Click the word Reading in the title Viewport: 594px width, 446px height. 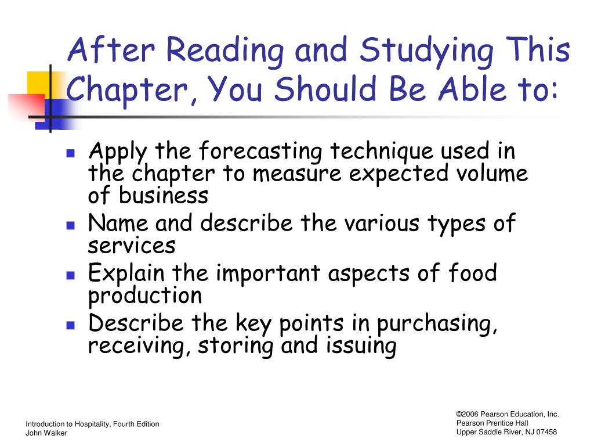(x=224, y=51)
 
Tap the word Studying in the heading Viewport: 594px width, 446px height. (x=426, y=51)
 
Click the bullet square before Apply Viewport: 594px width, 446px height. (x=70, y=153)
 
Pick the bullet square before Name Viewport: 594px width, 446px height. (x=70, y=226)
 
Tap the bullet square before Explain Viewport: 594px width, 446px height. (x=70, y=275)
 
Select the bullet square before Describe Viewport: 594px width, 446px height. (x=70, y=325)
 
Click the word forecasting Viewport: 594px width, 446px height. (x=260, y=152)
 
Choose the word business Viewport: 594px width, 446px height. (x=163, y=195)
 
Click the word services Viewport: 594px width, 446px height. (x=132, y=246)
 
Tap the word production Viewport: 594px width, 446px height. (x=145, y=296)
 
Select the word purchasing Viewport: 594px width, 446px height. (x=437, y=324)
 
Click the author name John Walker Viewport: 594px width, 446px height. (x=46, y=433)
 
